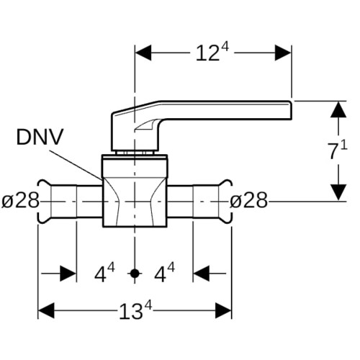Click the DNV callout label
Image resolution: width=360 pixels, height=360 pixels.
[x=40, y=137]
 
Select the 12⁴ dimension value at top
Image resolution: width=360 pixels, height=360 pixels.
[x=212, y=53]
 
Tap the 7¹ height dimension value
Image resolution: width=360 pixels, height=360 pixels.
[x=338, y=150]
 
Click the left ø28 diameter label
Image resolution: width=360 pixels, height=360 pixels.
[x=20, y=200]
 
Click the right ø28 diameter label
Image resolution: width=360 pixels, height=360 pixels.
[x=248, y=200]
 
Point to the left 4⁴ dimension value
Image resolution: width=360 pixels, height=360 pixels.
[x=104, y=273]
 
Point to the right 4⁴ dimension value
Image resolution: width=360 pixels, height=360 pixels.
[x=164, y=273]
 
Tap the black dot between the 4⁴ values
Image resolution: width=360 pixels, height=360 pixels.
[x=135, y=274]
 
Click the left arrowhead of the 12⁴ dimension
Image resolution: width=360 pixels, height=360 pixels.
[x=143, y=53]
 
